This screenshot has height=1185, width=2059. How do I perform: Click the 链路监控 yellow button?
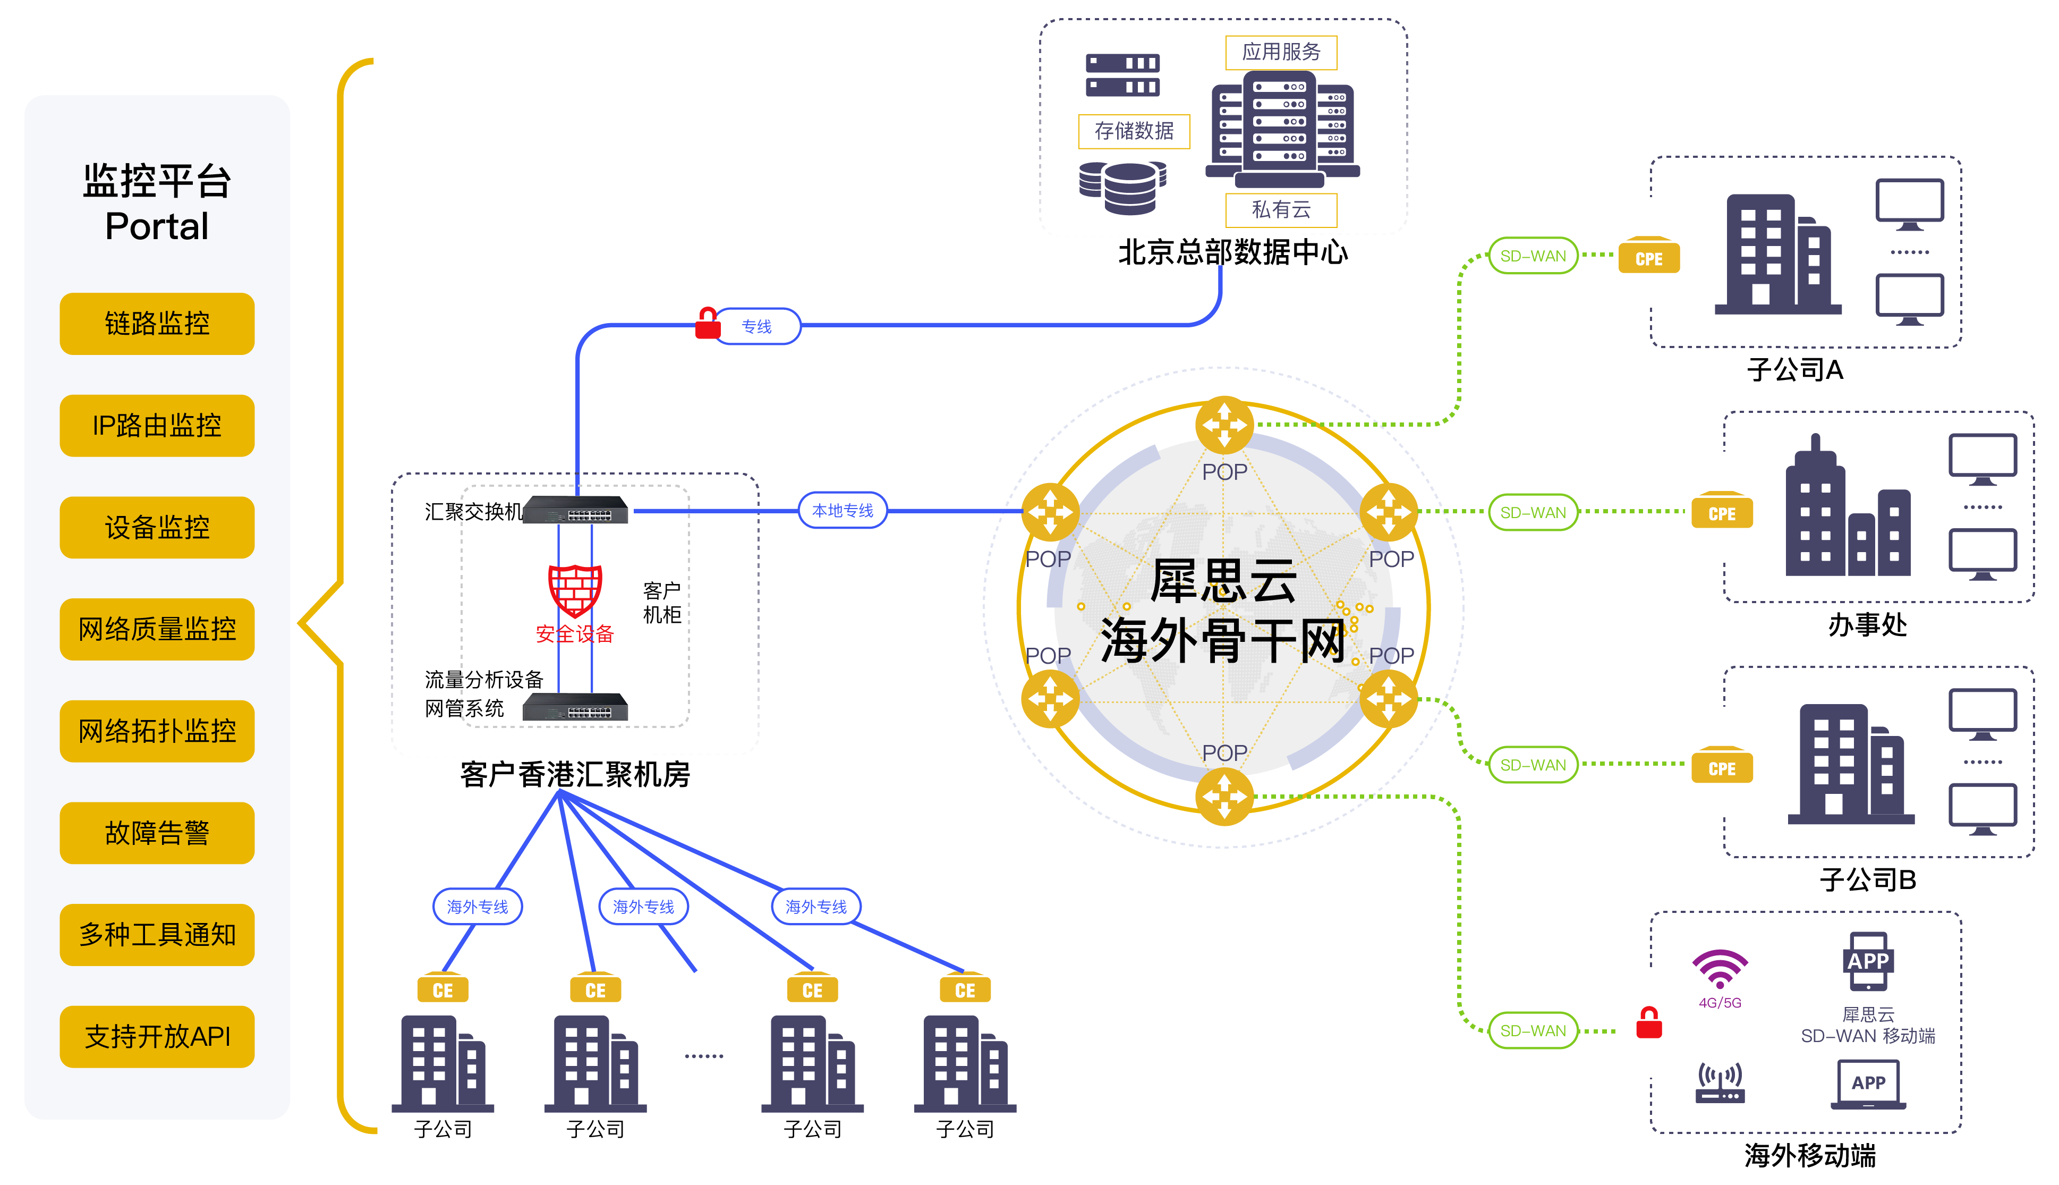157,323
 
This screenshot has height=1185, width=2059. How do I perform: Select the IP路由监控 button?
157,425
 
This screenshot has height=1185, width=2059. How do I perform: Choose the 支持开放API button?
157,1036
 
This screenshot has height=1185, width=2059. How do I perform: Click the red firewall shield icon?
574,589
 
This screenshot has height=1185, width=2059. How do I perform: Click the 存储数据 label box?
1133,131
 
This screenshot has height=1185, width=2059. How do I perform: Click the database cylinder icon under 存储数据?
1122,187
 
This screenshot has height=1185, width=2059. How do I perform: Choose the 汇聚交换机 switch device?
575,510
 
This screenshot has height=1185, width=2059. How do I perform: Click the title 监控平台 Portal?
157,202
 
